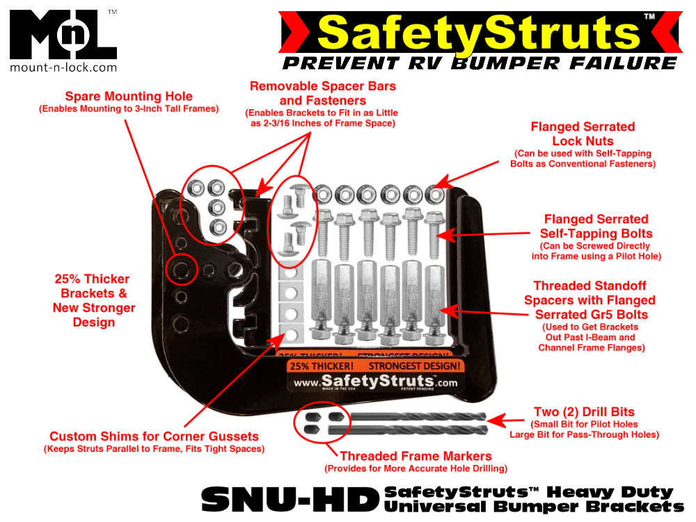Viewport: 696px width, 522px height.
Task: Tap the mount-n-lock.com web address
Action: [63, 68]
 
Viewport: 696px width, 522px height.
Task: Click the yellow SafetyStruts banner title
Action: [480, 32]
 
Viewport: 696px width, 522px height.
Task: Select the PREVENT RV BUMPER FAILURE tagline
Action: [480, 63]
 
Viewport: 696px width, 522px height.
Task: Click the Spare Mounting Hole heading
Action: [129, 97]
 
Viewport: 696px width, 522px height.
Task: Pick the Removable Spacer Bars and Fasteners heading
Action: [323, 93]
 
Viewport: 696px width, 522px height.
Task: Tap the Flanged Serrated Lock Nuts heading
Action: [583, 133]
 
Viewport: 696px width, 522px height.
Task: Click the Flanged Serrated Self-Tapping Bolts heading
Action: [595, 226]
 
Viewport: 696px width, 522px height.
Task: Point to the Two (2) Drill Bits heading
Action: [584, 411]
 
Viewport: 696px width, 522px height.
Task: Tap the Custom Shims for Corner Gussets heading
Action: [154, 436]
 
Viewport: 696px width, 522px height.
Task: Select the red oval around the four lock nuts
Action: [209, 203]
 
